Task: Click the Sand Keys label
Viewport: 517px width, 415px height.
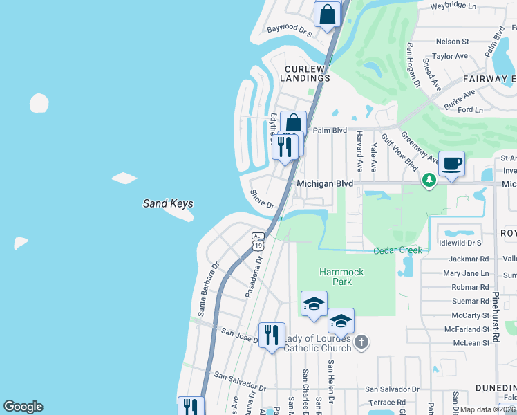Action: pyautogui.click(x=167, y=203)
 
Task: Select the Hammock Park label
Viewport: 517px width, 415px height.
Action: pyautogui.click(x=341, y=277)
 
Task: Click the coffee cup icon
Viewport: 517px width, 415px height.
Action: pyautogui.click(x=451, y=165)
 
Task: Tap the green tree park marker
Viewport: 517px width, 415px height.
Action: pyautogui.click(x=429, y=181)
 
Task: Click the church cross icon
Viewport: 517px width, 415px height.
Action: pyautogui.click(x=361, y=342)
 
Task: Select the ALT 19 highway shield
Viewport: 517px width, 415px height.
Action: pyautogui.click(x=258, y=241)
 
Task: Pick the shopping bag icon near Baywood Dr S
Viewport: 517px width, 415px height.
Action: pyautogui.click(x=328, y=14)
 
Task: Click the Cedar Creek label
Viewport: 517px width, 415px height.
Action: pyautogui.click(x=397, y=250)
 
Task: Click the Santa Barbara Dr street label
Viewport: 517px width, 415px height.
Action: pyautogui.click(x=208, y=289)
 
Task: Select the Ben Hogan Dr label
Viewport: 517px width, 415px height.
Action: pyautogui.click(x=413, y=65)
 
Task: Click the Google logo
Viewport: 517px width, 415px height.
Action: pyautogui.click(x=23, y=407)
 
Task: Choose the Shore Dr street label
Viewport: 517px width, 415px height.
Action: pyautogui.click(x=263, y=200)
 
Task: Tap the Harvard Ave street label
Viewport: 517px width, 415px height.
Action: pyautogui.click(x=359, y=152)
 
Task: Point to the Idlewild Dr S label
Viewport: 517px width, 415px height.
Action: pyautogui.click(x=460, y=243)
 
